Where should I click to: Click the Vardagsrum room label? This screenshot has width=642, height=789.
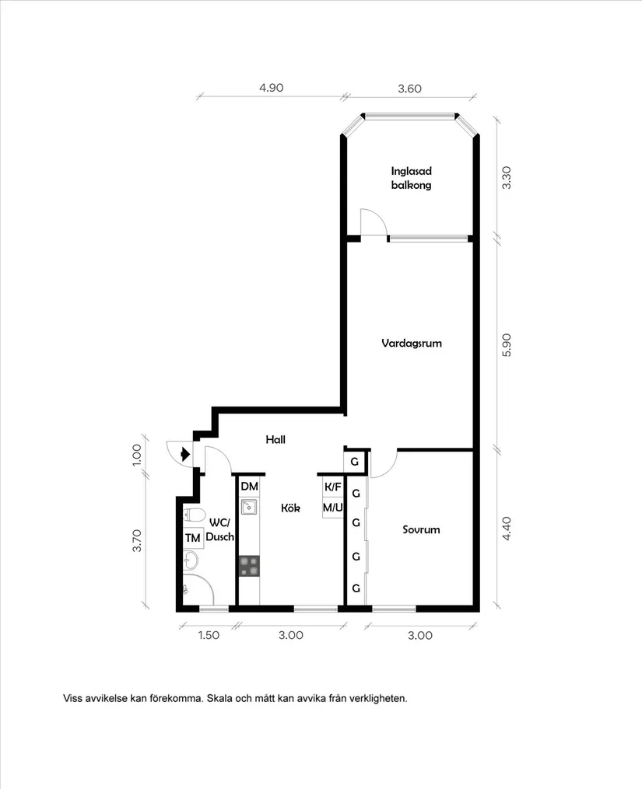(x=411, y=343)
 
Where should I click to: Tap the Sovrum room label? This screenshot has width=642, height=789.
(x=421, y=529)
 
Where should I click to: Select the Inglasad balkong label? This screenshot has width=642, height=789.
(x=411, y=178)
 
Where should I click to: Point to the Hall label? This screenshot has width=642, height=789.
(x=275, y=439)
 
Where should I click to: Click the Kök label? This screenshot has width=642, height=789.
(x=290, y=508)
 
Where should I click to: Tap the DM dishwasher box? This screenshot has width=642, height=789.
(x=250, y=487)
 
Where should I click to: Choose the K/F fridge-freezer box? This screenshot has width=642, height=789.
(x=332, y=487)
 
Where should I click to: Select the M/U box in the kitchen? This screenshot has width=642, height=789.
(x=332, y=507)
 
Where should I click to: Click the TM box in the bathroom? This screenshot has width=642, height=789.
(x=192, y=538)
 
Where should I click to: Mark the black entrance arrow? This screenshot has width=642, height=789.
(x=185, y=455)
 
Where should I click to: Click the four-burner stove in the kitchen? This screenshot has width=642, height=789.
(x=249, y=566)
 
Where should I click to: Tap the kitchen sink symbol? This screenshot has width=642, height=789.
(x=248, y=507)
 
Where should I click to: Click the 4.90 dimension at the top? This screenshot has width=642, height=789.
(x=271, y=88)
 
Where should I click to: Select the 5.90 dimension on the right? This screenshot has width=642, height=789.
(x=507, y=345)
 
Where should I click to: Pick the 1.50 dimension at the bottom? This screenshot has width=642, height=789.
(x=209, y=635)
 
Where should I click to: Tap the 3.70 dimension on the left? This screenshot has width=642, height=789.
(x=137, y=541)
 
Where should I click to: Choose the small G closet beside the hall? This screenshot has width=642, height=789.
(x=354, y=462)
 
